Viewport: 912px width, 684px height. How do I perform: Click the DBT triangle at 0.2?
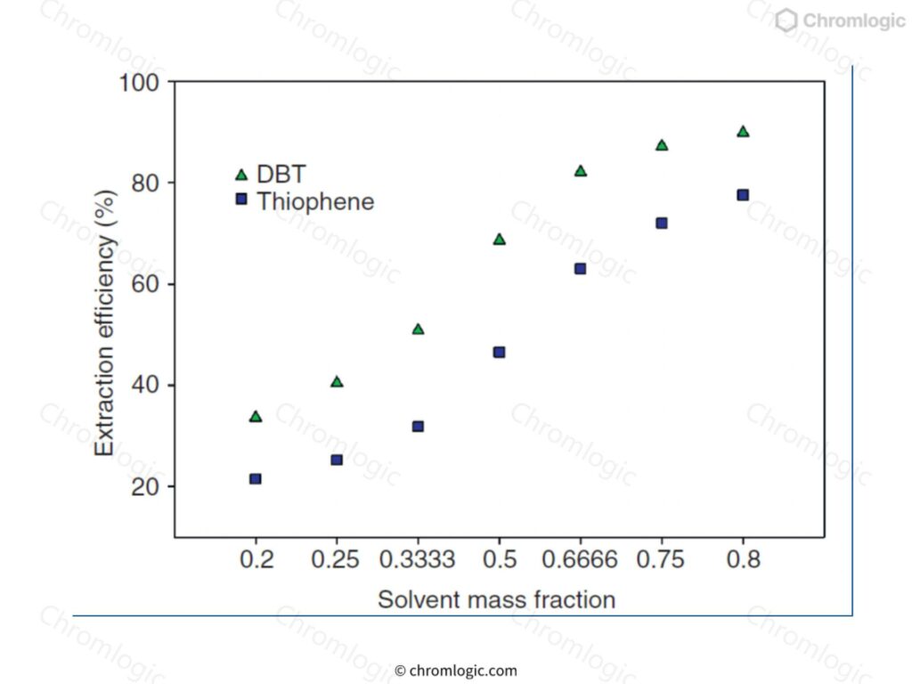coord(256,417)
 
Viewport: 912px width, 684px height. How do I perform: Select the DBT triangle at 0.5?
coord(500,240)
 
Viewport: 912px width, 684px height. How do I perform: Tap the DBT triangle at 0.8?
coord(743,132)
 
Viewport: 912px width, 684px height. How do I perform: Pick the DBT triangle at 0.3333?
coord(418,330)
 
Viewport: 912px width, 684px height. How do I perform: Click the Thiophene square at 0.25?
coord(337,460)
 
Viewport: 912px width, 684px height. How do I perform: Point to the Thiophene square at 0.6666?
coord(580,268)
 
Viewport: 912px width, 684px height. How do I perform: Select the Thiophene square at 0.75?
coord(662,223)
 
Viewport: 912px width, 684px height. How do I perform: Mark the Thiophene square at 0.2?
coord(256,478)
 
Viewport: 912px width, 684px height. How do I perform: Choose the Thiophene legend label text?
coord(315,201)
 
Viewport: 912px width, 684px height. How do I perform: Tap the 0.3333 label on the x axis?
coord(418,560)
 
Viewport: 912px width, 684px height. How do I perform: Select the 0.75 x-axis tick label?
coord(662,560)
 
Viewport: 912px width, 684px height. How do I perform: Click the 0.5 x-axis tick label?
coord(500,560)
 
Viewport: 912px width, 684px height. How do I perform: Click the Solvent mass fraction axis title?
coord(496,599)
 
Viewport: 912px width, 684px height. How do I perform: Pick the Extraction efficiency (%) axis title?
coord(106,322)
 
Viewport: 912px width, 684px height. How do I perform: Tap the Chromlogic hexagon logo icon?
coord(786,20)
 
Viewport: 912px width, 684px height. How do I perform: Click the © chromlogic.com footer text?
coord(455,671)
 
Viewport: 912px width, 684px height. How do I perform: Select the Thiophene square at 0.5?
coord(500,353)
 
